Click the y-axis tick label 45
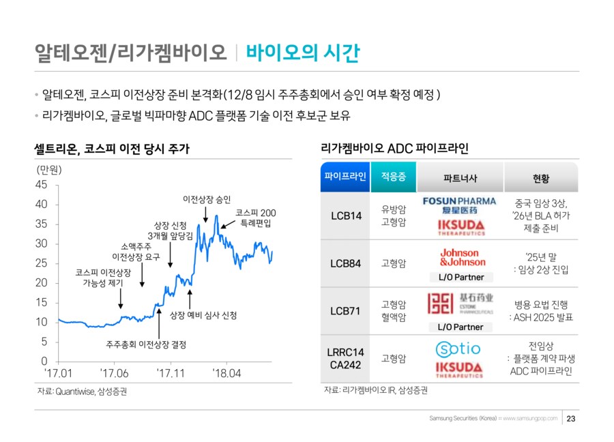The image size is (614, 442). pyautogui.click(x=41, y=185)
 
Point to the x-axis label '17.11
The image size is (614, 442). pyautogui.click(x=171, y=373)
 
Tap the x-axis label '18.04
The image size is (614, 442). pyautogui.click(x=227, y=373)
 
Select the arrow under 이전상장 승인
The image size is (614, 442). pyautogui.click(x=206, y=214)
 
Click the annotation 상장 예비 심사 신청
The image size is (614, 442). pyautogui.click(x=203, y=315)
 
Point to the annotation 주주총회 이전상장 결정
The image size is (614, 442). pyautogui.click(x=146, y=344)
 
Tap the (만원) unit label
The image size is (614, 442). pyautogui.click(x=49, y=169)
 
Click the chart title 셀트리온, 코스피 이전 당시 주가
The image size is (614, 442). pyautogui.click(x=113, y=148)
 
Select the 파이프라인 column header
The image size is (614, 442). pyautogui.click(x=345, y=177)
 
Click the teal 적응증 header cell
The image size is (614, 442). pyautogui.click(x=394, y=177)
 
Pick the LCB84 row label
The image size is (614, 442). pyautogui.click(x=345, y=263)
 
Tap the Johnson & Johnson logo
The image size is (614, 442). pyautogui.click(x=463, y=257)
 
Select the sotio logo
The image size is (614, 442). pyautogui.click(x=458, y=349)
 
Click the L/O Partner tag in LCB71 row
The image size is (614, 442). pyautogui.click(x=460, y=327)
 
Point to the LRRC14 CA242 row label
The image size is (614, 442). pyautogui.click(x=345, y=359)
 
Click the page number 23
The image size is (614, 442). pyautogui.click(x=572, y=418)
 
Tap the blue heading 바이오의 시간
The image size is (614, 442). pyautogui.click(x=302, y=53)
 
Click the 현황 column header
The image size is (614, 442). pyautogui.click(x=541, y=178)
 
